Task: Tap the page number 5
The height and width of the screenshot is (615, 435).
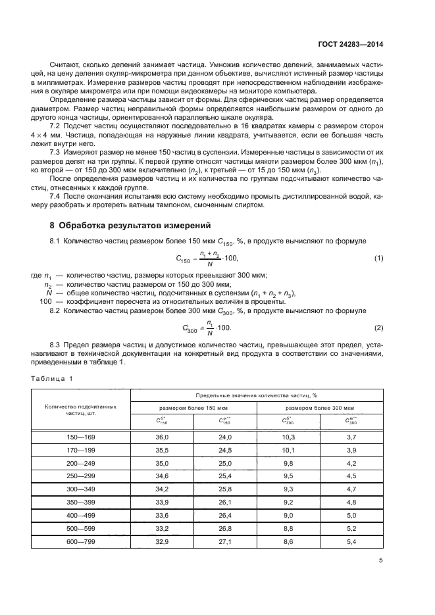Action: [x=380, y=560]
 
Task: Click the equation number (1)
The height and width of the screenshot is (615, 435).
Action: [x=378, y=258]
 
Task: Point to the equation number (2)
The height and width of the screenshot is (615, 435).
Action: [x=378, y=327]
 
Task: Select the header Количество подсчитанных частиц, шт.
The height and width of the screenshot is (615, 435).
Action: [x=81, y=410]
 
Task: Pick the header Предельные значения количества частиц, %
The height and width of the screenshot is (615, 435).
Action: [x=257, y=395]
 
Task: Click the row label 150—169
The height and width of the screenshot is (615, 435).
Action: [x=81, y=437]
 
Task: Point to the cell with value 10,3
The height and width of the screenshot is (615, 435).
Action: [x=288, y=437]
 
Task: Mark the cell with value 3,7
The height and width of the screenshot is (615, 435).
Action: [x=351, y=437]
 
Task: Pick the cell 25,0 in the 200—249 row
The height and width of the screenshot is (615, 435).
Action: [x=225, y=462]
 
